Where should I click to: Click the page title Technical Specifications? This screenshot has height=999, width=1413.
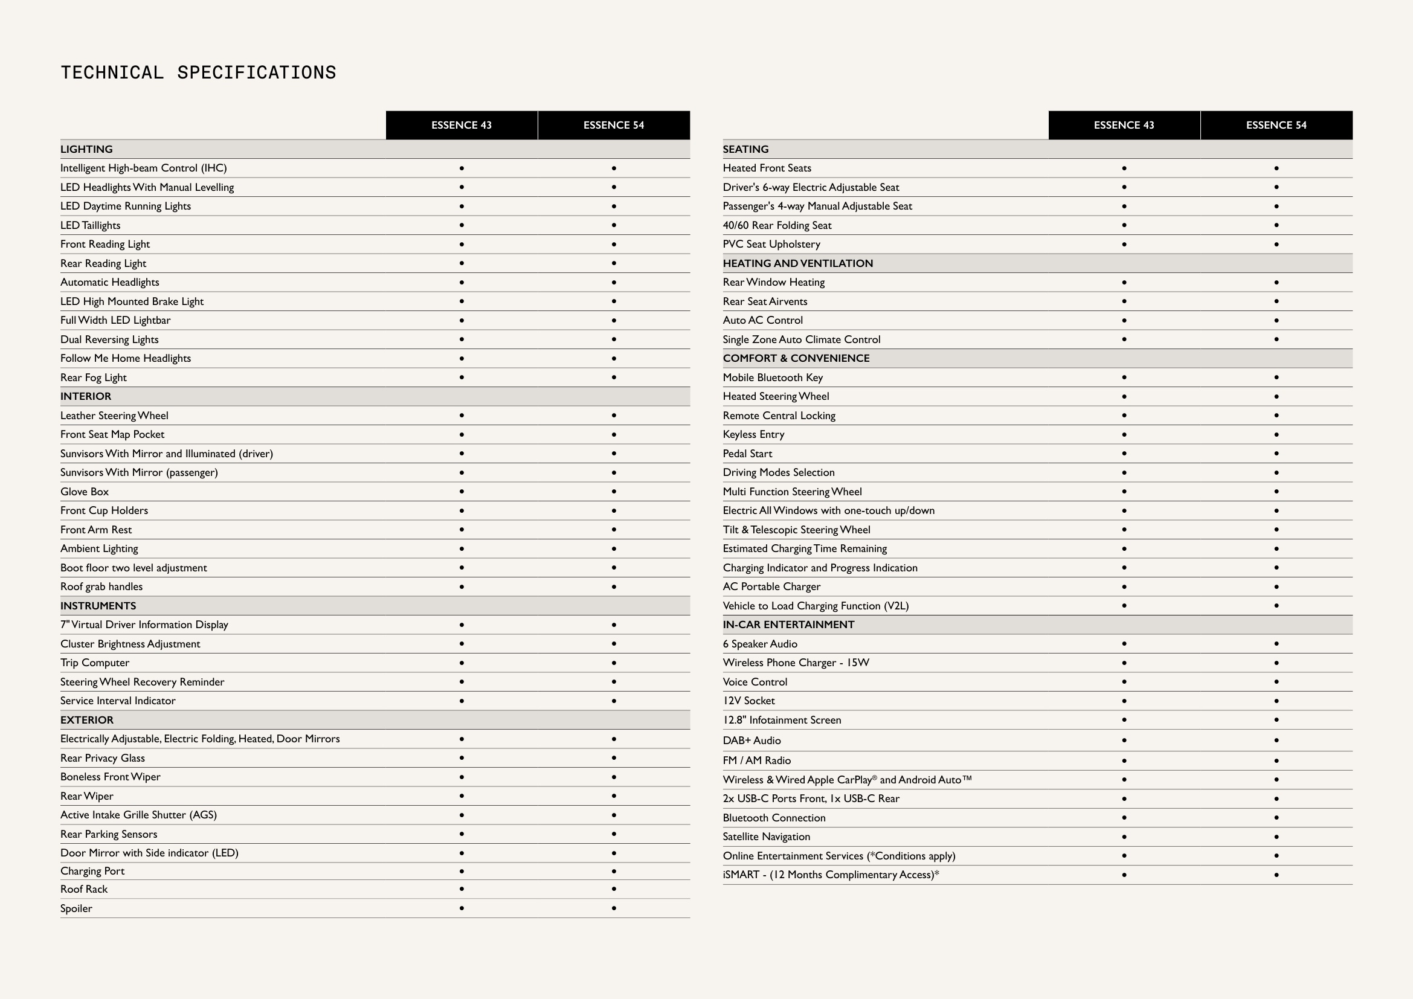[x=198, y=72]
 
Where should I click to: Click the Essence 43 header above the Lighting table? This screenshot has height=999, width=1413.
[x=461, y=126]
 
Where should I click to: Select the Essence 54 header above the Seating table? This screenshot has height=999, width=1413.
[x=1276, y=126]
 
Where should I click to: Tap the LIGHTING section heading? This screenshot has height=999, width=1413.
[x=87, y=149]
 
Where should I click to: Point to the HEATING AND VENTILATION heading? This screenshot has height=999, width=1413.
[x=797, y=263]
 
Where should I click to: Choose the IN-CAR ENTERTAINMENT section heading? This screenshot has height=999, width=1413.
[x=788, y=625]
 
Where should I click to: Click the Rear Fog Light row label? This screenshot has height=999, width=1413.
[x=94, y=377]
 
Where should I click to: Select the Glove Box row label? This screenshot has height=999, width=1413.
[x=85, y=492]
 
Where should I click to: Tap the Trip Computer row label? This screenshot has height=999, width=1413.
[x=95, y=663]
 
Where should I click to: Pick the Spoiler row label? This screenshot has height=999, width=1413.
[x=76, y=908]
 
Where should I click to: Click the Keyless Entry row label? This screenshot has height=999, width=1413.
[x=753, y=434]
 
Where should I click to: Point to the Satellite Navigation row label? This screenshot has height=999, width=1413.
[x=766, y=837]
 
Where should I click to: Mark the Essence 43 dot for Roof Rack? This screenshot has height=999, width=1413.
[x=462, y=889]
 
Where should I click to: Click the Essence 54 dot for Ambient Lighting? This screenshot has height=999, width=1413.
[x=614, y=548]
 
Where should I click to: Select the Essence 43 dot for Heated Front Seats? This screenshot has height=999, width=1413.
[x=1124, y=168]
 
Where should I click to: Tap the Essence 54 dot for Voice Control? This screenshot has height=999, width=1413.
[x=1276, y=681]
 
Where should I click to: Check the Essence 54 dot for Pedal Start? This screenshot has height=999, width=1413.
[x=1276, y=454]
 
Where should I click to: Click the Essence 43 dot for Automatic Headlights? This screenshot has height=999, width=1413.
[x=462, y=282]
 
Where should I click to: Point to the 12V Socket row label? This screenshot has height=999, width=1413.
[x=748, y=701]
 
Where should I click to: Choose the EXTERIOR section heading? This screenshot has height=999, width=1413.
[x=87, y=720]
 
